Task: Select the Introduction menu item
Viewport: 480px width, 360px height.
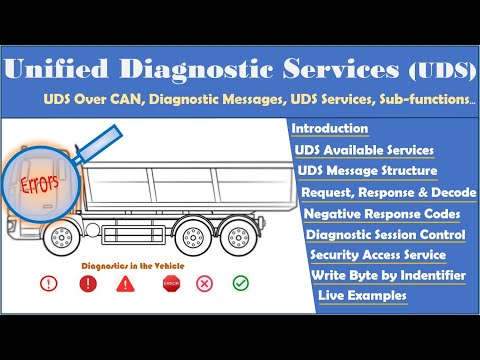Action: click(330, 130)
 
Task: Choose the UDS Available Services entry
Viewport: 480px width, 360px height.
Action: click(364, 150)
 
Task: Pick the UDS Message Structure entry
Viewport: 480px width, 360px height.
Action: click(367, 170)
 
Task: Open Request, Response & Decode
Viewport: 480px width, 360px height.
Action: click(388, 192)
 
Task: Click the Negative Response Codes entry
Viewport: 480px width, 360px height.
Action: click(382, 214)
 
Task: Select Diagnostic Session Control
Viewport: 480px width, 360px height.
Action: click(386, 236)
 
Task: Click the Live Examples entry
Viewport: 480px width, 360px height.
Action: click(362, 296)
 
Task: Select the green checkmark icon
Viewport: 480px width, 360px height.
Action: click(240, 284)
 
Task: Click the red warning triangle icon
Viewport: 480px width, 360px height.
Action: click(125, 284)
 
